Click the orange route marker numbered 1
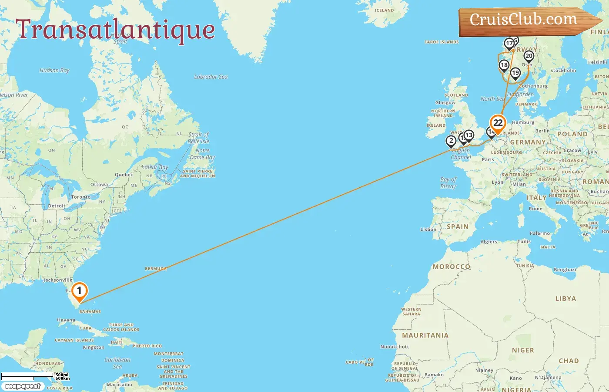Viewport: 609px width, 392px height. coord(79,291)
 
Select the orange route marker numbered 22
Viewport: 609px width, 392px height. coord(498,123)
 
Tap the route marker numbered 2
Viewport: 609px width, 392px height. coord(451,141)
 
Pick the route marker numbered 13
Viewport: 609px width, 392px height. coord(468,135)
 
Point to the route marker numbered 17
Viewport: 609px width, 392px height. coord(509,44)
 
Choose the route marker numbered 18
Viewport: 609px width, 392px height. coord(504,65)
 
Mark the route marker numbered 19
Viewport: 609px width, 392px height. coord(515,73)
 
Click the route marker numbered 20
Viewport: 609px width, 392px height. coord(529,56)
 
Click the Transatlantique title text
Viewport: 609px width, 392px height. coord(115,30)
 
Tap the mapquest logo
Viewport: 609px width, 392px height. coord(23,386)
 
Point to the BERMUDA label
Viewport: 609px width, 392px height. coord(156,269)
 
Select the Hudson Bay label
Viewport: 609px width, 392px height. coord(54,70)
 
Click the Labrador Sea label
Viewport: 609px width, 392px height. coord(211,77)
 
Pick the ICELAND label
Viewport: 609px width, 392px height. coord(384,10)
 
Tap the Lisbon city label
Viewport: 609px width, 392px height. coord(428,230)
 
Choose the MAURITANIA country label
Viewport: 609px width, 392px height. coord(425,335)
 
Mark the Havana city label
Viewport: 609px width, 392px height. coord(66,320)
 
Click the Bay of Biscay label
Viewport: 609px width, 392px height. coord(448,183)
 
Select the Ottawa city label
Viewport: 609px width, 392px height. coord(99,185)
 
